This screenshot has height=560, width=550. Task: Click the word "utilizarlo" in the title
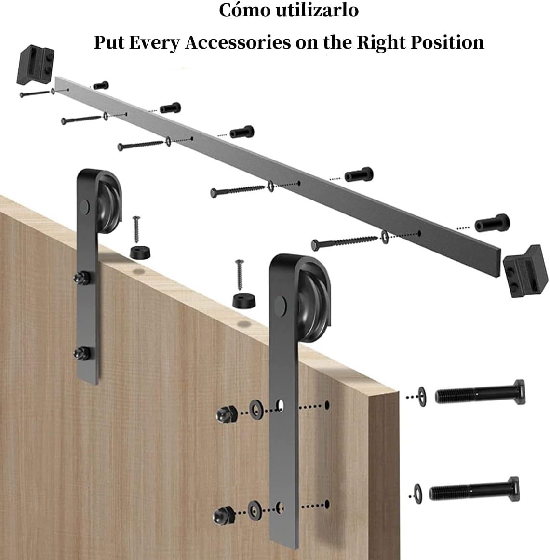(318, 10)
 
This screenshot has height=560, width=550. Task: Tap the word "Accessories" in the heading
(238, 42)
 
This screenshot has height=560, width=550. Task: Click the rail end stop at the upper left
(35, 65)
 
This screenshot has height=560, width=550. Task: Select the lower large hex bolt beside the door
(474, 490)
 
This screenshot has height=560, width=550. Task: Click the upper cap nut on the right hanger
(227, 414)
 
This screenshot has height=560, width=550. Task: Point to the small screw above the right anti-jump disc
(240, 274)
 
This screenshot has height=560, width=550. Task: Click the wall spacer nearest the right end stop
(492, 224)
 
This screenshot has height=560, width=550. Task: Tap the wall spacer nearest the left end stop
(101, 86)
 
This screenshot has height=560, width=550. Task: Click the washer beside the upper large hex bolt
(422, 397)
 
